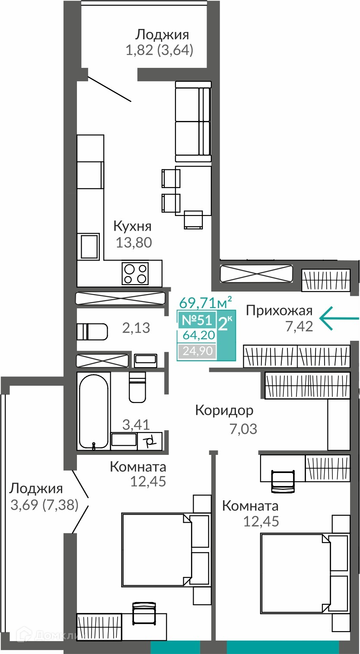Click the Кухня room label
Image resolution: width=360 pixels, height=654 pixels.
point(132,226)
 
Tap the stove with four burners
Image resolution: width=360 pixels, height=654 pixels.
point(135,273)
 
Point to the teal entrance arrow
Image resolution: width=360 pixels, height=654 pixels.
point(339,318)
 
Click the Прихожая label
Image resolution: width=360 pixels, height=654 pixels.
point(279,310)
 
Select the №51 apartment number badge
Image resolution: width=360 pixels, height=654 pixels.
point(197,320)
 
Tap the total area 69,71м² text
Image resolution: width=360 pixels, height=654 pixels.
point(206,303)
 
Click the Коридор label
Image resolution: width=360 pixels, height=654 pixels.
point(224,410)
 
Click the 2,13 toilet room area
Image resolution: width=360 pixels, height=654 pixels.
point(136,328)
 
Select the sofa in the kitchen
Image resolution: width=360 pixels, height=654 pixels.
point(193,121)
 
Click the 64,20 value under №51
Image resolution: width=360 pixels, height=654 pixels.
point(199,335)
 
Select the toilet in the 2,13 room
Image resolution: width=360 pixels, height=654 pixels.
point(92,332)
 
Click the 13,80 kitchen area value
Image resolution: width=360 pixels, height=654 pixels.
point(134,242)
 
